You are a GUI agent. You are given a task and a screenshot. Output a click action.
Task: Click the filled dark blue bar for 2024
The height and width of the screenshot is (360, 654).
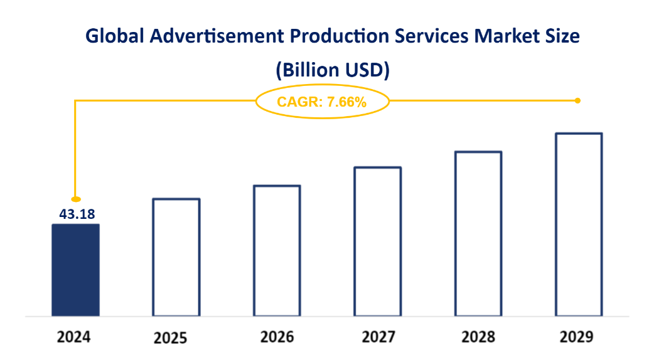click(75, 270)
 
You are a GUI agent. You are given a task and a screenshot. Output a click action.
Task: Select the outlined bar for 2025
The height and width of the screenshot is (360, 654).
click(176, 257)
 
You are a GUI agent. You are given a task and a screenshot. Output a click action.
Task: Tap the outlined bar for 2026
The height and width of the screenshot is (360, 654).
click(277, 250)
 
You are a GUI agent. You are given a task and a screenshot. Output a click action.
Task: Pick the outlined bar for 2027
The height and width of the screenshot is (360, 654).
click(377, 241)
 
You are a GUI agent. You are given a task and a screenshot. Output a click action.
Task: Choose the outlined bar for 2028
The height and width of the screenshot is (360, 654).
click(478, 233)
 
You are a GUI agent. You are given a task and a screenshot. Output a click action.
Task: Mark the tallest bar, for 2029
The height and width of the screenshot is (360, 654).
click(579, 224)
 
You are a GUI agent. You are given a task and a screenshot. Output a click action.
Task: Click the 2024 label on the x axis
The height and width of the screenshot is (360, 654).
click(74, 337)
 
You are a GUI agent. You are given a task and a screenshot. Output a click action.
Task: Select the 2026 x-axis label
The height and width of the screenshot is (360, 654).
click(277, 337)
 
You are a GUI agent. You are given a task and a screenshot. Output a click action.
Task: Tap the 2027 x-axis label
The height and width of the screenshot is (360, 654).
click(378, 337)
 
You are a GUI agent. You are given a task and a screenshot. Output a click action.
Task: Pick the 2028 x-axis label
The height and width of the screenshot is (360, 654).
click(478, 337)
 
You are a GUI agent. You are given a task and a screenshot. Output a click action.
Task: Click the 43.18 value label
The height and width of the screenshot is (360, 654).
click(77, 214)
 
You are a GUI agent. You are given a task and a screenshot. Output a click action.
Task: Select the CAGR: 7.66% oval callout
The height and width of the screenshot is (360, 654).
click(323, 101)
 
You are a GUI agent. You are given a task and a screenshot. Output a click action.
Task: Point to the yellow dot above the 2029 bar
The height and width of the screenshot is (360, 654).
click(577, 100)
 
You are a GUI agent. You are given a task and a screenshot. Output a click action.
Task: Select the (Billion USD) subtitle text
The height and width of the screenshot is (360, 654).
click(333, 71)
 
